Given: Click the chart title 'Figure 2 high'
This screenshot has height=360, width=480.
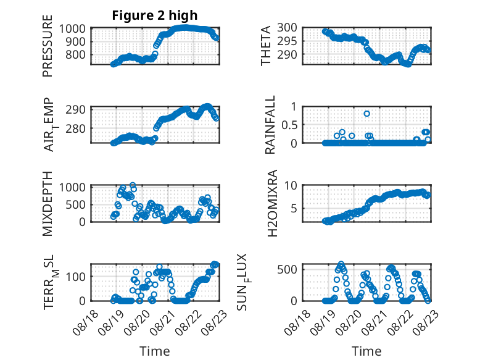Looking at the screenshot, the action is click(x=155, y=15).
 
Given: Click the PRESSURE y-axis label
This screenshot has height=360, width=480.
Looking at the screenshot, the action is click(x=48, y=46).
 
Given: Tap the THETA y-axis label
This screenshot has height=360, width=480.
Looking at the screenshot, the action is click(x=266, y=46).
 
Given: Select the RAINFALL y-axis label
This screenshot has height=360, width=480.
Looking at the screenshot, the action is click(x=270, y=124).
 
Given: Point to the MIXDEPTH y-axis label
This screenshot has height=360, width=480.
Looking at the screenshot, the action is click(x=48, y=204).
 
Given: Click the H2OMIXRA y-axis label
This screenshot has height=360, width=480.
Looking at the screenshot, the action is click(x=272, y=203).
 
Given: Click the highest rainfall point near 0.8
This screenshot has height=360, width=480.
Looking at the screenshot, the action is click(x=366, y=114).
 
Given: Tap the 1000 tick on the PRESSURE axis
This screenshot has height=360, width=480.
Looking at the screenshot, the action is click(x=72, y=29).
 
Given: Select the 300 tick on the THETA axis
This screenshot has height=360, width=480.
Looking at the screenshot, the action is click(x=287, y=28).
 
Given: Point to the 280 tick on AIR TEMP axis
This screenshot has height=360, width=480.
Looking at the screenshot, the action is click(x=75, y=129).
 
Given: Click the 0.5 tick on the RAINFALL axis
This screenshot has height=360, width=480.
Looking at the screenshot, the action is click(x=289, y=125).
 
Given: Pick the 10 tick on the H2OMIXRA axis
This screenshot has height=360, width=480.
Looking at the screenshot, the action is click(x=291, y=185).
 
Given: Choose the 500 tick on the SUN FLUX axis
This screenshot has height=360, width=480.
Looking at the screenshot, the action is click(x=287, y=270).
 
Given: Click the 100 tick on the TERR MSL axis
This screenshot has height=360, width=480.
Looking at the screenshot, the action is click(x=75, y=277).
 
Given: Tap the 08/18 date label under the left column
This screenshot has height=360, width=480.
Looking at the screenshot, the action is click(x=85, y=322).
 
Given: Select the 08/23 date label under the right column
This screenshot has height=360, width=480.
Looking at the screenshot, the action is click(x=425, y=322).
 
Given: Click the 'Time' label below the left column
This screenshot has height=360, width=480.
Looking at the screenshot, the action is click(x=155, y=351).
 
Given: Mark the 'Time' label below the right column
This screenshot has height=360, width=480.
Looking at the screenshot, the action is click(x=366, y=351).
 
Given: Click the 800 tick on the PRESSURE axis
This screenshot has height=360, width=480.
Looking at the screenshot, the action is click(x=75, y=55).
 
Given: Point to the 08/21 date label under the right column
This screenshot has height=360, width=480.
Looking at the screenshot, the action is click(x=373, y=322).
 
